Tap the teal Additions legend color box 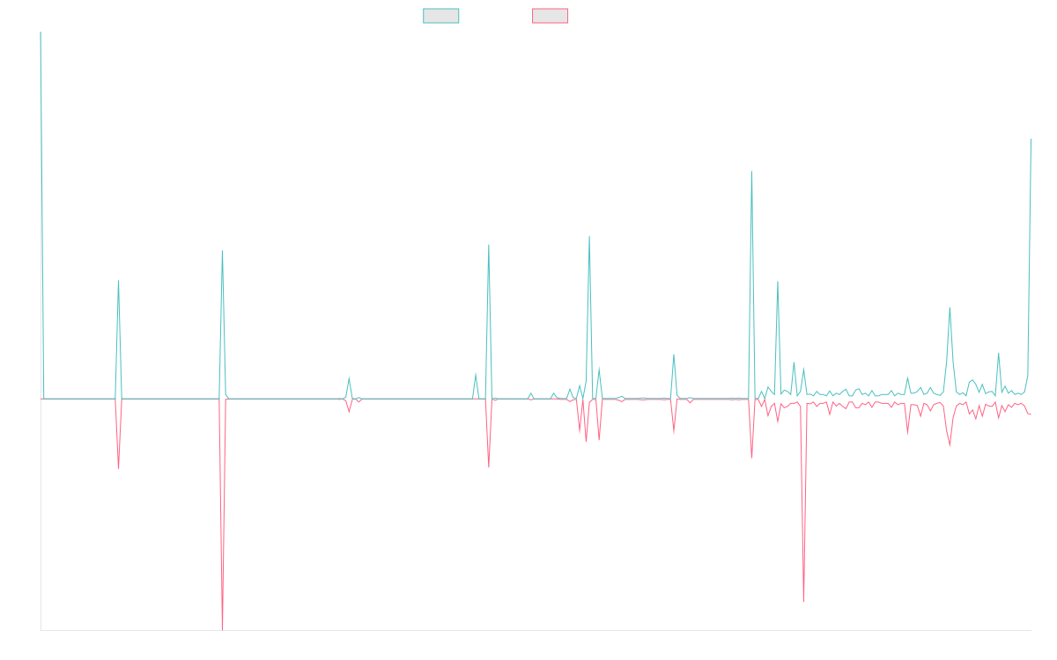pos(441,16)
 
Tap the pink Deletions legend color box pos(551,16)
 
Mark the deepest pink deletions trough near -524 pos(223,628)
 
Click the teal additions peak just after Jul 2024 pos(751,172)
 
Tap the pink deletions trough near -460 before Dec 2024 pos(804,601)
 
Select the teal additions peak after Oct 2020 pos(118,282)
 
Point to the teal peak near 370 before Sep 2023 pos(589,237)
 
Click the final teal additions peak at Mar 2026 pos(1031,139)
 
